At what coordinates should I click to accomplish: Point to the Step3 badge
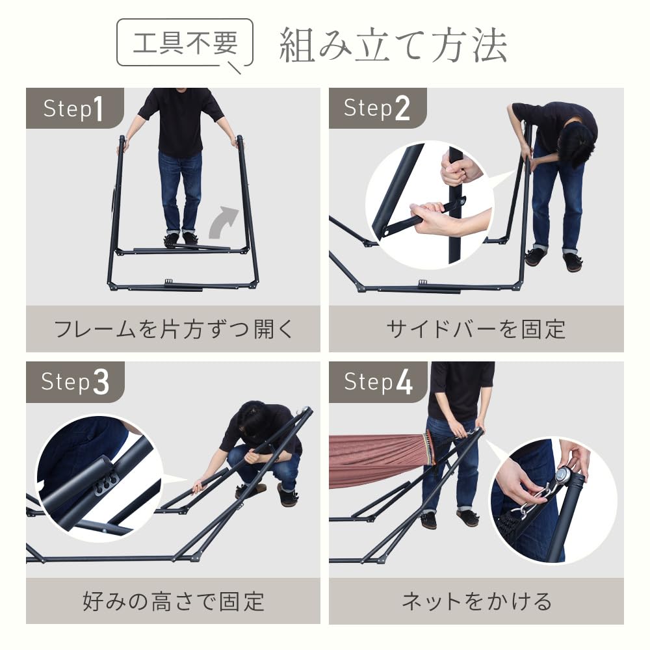click(74, 382)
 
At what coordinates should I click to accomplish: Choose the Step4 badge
click(377, 382)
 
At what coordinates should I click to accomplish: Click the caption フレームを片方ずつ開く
click(174, 329)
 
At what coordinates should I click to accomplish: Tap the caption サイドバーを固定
click(476, 329)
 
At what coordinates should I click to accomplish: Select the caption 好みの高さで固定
click(174, 601)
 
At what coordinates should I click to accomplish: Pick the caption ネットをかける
click(476, 601)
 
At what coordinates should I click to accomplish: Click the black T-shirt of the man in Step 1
click(180, 120)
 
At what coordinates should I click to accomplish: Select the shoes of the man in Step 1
click(181, 239)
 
